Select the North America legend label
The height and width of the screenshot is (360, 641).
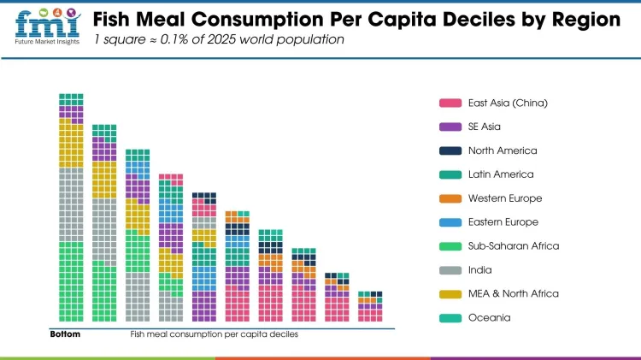[x=503, y=150]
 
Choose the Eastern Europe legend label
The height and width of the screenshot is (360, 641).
[x=503, y=222]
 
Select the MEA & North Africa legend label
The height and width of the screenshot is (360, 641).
[x=513, y=294]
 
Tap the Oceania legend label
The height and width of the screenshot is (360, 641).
[x=489, y=318]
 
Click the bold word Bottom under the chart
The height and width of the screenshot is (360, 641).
[x=64, y=334]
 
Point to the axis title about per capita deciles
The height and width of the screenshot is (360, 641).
[x=214, y=334]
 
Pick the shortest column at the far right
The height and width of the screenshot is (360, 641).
[x=370, y=306]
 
